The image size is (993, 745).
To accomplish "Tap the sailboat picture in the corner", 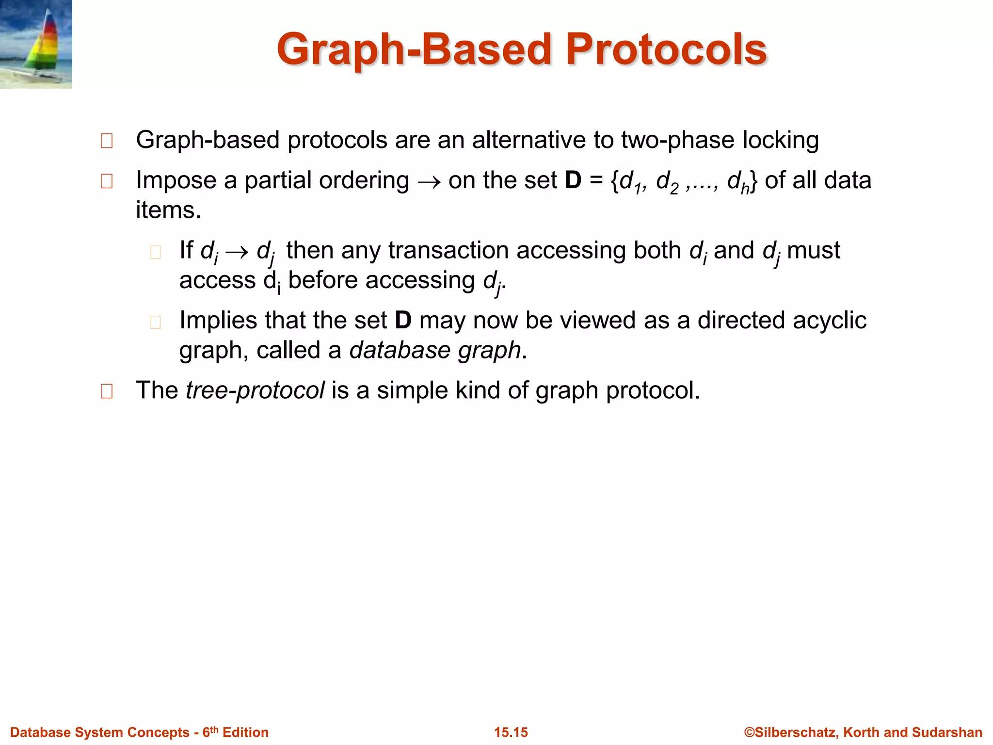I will (x=36, y=44).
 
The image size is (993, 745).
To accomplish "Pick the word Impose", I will (x=176, y=181).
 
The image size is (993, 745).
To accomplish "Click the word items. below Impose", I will (x=168, y=211).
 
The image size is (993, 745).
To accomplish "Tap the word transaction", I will (x=448, y=251).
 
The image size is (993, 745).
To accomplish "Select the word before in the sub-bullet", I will (x=322, y=280).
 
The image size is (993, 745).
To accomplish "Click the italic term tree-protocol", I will (x=255, y=390).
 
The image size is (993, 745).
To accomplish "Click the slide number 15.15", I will (x=511, y=732).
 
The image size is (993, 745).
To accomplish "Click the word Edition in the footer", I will (x=245, y=732).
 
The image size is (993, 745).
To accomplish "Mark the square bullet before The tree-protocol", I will (x=107, y=391).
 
